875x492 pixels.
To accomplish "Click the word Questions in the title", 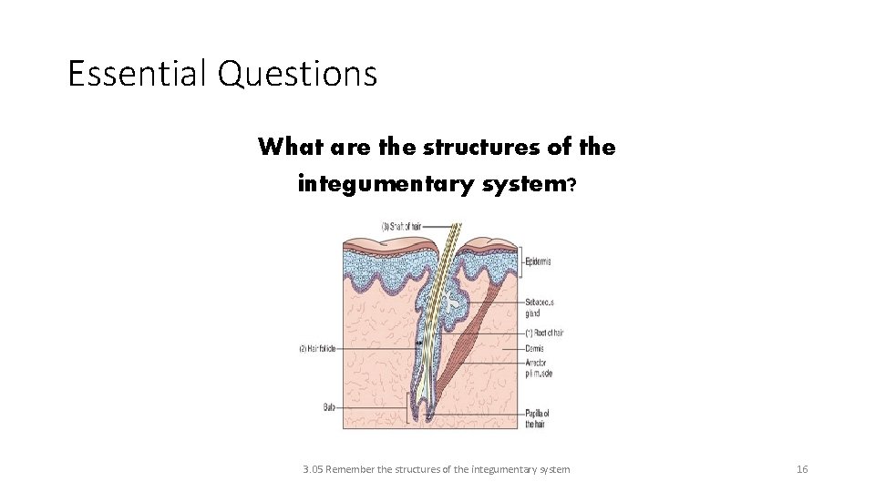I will [297, 73].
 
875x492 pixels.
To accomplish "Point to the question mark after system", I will [571, 184].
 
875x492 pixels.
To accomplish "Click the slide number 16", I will [802, 469].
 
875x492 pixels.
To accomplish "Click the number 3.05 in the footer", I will [313, 469].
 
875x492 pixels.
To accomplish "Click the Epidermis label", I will [538, 261].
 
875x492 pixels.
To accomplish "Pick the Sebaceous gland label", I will [540, 306].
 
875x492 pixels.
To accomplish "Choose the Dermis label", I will [535, 348].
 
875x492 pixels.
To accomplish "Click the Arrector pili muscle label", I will [539, 368].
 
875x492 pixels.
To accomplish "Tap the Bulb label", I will [329, 407].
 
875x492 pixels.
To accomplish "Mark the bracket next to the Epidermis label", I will [520, 261].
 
